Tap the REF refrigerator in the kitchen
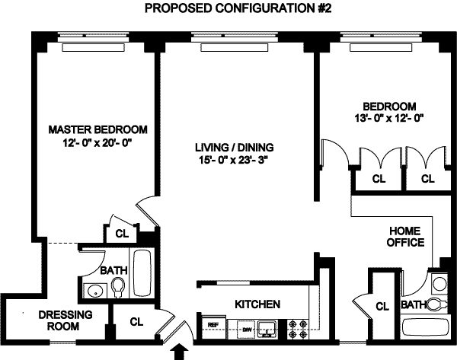(x=213, y=327)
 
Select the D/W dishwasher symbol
(x=246, y=330)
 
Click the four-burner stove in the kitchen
(x=298, y=330)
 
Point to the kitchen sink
(x=267, y=330)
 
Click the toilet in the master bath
(x=118, y=288)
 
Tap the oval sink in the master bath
(x=94, y=291)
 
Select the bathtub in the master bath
(x=142, y=273)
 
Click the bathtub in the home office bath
(x=426, y=329)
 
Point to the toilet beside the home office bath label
(x=436, y=304)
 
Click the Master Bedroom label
(x=98, y=129)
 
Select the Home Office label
(x=405, y=237)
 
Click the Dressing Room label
(x=66, y=320)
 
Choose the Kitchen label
(x=257, y=304)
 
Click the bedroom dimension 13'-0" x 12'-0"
(x=388, y=119)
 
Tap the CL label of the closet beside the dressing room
(x=136, y=322)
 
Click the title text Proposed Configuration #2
(x=238, y=8)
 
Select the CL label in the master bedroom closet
(x=122, y=234)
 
